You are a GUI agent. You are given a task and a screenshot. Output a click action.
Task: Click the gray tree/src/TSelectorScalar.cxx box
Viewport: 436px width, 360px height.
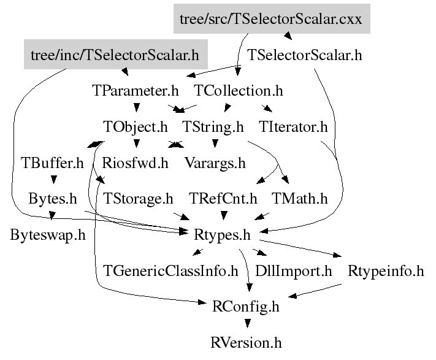click(272, 19)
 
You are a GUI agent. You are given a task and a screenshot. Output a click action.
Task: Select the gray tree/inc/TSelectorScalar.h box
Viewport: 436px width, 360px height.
click(115, 55)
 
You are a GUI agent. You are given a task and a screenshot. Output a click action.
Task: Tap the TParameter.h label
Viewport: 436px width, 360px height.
click(136, 91)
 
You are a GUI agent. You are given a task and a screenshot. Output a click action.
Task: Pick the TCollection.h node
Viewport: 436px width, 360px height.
click(239, 91)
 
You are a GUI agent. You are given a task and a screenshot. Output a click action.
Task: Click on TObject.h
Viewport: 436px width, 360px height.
click(135, 128)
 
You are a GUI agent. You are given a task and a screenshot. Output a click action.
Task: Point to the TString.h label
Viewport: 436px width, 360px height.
click(213, 128)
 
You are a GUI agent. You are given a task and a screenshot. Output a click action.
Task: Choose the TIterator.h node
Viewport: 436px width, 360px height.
click(294, 128)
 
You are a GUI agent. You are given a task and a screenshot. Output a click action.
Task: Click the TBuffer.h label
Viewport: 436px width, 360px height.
click(52, 163)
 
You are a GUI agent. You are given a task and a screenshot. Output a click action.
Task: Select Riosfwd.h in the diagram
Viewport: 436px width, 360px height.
click(135, 163)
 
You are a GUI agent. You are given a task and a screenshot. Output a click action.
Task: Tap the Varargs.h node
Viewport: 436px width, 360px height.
click(215, 163)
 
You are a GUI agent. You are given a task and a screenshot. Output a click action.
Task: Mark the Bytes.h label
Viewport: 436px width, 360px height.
click(53, 199)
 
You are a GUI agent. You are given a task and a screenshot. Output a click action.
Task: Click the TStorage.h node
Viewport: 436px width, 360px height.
click(139, 199)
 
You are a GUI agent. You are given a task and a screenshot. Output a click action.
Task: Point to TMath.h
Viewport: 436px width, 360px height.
click(300, 199)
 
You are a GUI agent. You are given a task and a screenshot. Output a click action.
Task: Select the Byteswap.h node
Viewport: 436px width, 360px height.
click(48, 235)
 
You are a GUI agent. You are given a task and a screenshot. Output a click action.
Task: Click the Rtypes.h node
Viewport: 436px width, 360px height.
click(222, 235)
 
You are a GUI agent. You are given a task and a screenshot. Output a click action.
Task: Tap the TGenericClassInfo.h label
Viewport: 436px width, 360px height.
click(170, 270)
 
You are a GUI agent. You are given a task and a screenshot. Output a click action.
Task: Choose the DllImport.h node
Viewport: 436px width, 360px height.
click(293, 270)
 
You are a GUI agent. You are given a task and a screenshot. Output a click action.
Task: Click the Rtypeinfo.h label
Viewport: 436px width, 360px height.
click(386, 270)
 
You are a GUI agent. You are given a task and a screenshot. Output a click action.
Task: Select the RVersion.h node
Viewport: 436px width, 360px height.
click(246, 342)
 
